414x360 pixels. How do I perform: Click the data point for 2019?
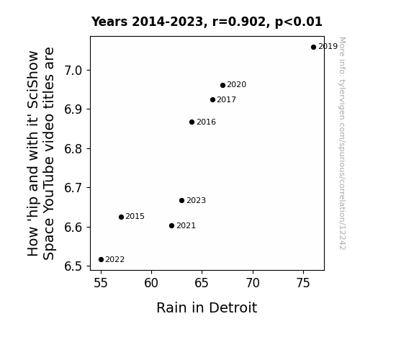tap(313, 48)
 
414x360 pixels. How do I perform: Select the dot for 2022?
tap(101, 260)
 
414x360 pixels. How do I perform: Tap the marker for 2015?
tap(121, 217)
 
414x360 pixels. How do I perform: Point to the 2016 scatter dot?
tap(192, 122)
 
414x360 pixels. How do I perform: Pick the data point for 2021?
tap(171, 226)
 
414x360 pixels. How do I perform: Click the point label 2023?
tap(196, 200)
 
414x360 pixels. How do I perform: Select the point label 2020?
tap(237, 84)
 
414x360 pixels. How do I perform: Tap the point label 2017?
tap(227, 99)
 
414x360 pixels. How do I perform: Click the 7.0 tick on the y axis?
tap(73, 71)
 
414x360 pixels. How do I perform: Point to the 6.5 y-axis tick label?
tap(73, 266)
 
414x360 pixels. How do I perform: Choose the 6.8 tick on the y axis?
tap(73, 149)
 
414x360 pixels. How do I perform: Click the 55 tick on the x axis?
tap(101, 283)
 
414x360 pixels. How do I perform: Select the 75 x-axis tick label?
tap(303, 283)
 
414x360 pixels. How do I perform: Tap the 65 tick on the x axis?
tap(202, 283)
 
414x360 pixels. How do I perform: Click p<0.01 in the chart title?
tap(299, 22)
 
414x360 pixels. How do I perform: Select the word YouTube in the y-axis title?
tap(48, 186)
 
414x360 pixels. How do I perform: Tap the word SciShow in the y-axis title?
tap(34, 80)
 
